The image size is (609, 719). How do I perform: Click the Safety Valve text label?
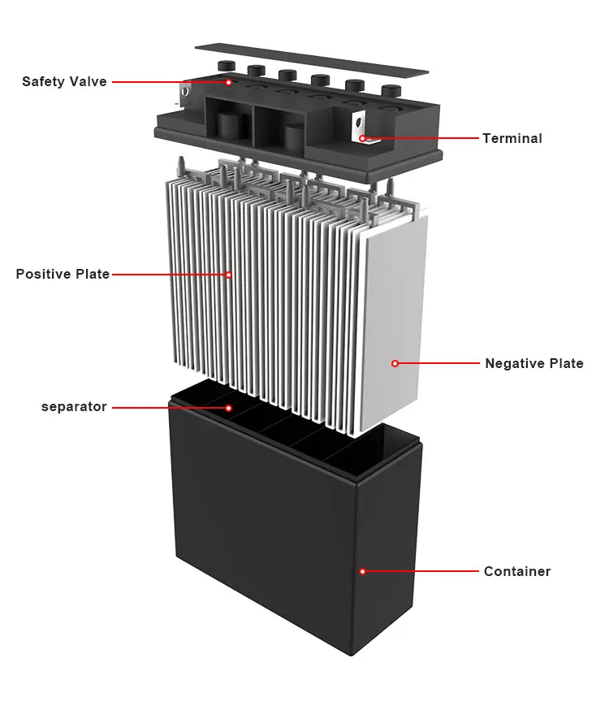pyautogui.click(x=64, y=82)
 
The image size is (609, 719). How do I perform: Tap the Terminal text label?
pyautogui.click(x=512, y=139)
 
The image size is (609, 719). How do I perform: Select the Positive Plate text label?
pyautogui.click(x=63, y=275)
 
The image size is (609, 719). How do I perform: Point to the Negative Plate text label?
pyautogui.click(x=533, y=364)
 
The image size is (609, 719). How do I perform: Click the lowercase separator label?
pyautogui.click(x=74, y=407)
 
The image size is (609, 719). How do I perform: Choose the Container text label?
pyautogui.click(x=516, y=572)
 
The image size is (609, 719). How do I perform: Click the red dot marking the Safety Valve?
pyautogui.click(x=229, y=82)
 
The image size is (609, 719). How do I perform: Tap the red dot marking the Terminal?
pyautogui.click(x=362, y=139)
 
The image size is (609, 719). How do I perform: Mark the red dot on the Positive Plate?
pyautogui.click(x=229, y=275)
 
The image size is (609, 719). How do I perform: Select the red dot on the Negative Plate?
pyautogui.click(x=395, y=364)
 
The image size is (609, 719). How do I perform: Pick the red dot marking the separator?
pyautogui.click(x=229, y=407)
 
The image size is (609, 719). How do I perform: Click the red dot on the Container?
pyautogui.click(x=363, y=572)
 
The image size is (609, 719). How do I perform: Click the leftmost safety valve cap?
pyautogui.click(x=224, y=66)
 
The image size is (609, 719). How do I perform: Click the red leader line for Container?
pyautogui.click(x=422, y=572)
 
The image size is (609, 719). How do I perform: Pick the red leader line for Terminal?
pyautogui.click(x=422, y=139)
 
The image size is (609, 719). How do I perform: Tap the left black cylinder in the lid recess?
pyautogui.click(x=226, y=126)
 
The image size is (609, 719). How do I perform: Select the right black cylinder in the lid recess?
pyautogui.click(x=293, y=136)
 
